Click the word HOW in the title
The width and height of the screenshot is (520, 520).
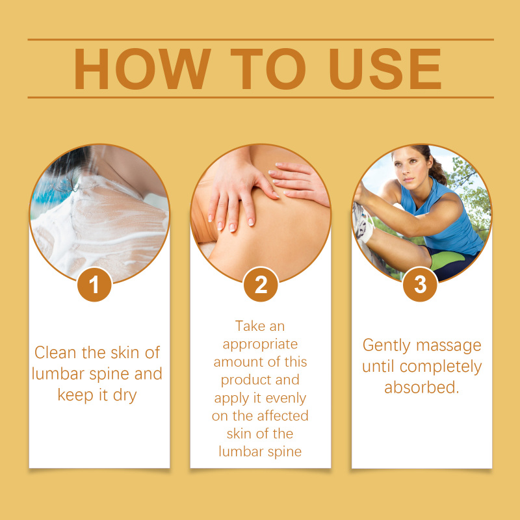click(x=142, y=69)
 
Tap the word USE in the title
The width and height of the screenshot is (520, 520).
click(x=385, y=69)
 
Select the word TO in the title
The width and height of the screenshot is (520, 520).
click(x=268, y=69)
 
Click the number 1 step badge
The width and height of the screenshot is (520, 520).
click(x=94, y=285)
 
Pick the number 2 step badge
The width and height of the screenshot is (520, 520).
click(x=261, y=285)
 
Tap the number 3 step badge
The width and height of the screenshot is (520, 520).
click(x=420, y=285)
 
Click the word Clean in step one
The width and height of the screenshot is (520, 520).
click(x=55, y=352)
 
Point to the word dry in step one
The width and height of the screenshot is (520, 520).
click(x=125, y=396)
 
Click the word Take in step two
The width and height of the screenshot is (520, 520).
click(x=247, y=326)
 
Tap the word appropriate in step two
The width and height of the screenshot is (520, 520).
click(x=261, y=345)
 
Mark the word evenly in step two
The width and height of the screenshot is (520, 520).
click(x=285, y=398)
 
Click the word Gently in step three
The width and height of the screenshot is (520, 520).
click(x=386, y=346)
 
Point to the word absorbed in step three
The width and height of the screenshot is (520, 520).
click(x=421, y=387)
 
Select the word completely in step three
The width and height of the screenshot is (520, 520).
click(x=441, y=367)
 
